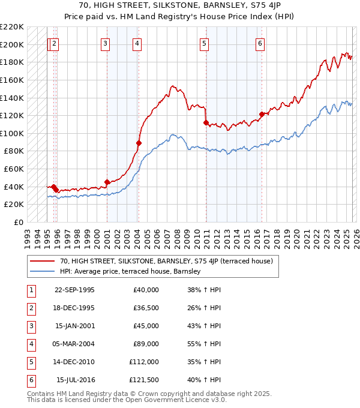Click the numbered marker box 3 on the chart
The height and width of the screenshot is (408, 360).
point(105,43)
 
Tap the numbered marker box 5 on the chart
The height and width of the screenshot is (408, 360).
point(205,43)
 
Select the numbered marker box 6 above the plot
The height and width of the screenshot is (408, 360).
point(260,43)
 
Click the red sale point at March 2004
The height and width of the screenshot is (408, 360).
point(139,143)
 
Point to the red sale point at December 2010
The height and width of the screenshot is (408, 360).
point(206,123)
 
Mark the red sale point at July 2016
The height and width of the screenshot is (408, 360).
point(261,114)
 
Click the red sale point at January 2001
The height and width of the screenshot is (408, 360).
point(107,182)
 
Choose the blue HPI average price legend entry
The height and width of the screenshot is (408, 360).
point(130,271)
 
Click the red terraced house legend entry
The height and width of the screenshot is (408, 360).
point(166,261)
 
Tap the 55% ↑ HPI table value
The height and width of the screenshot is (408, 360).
point(204,344)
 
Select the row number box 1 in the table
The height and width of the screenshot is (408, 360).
point(31,290)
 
